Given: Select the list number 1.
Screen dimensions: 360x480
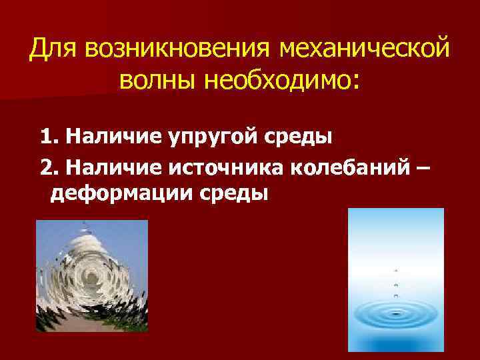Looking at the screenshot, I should tap(47, 138).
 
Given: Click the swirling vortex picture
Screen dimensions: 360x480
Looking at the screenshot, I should tap(92, 275).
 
